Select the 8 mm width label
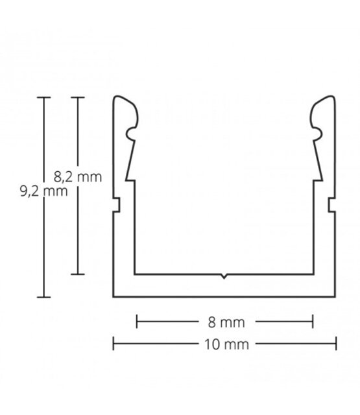(x=224, y=321)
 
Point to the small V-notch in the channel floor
(x=224, y=277)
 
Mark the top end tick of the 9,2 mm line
(x=43, y=97)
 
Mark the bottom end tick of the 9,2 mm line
(x=43, y=297)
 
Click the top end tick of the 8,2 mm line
(x=78, y=97)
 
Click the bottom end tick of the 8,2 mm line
(x=78, y=274)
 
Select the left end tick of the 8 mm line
(x=136, y=321)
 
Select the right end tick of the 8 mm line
(x=313, y=321)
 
